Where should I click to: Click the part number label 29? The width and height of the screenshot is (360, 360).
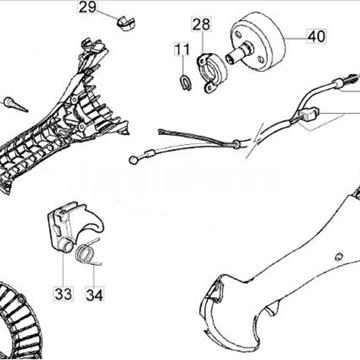click(x=88, y=7)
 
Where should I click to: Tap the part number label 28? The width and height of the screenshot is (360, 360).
click(x=201, y=25)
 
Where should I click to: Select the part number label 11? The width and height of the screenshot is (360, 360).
click(x=182, y=50)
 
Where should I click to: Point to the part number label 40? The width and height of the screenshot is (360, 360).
click(x=316, y=36)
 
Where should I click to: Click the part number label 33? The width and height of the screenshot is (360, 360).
click(x=63, y=294)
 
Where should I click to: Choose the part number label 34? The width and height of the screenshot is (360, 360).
click(x=94, y=294)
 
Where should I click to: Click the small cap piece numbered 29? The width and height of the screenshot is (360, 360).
click(x=126, y=24)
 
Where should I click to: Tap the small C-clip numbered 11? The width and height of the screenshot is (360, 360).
click(x=185, y=81)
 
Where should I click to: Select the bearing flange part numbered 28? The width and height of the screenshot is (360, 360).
click(x=211, y=72)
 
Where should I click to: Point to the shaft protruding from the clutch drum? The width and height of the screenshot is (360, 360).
click(x=239, y=54)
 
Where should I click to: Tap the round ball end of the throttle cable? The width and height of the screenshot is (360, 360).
click(x=133, y=160)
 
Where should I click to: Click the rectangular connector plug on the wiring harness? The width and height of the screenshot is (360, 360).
click(x=308, y=114)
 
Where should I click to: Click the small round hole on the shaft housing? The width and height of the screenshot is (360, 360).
click(x=339, y=256)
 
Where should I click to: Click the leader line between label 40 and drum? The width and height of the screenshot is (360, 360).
click(x=295, y=38)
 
